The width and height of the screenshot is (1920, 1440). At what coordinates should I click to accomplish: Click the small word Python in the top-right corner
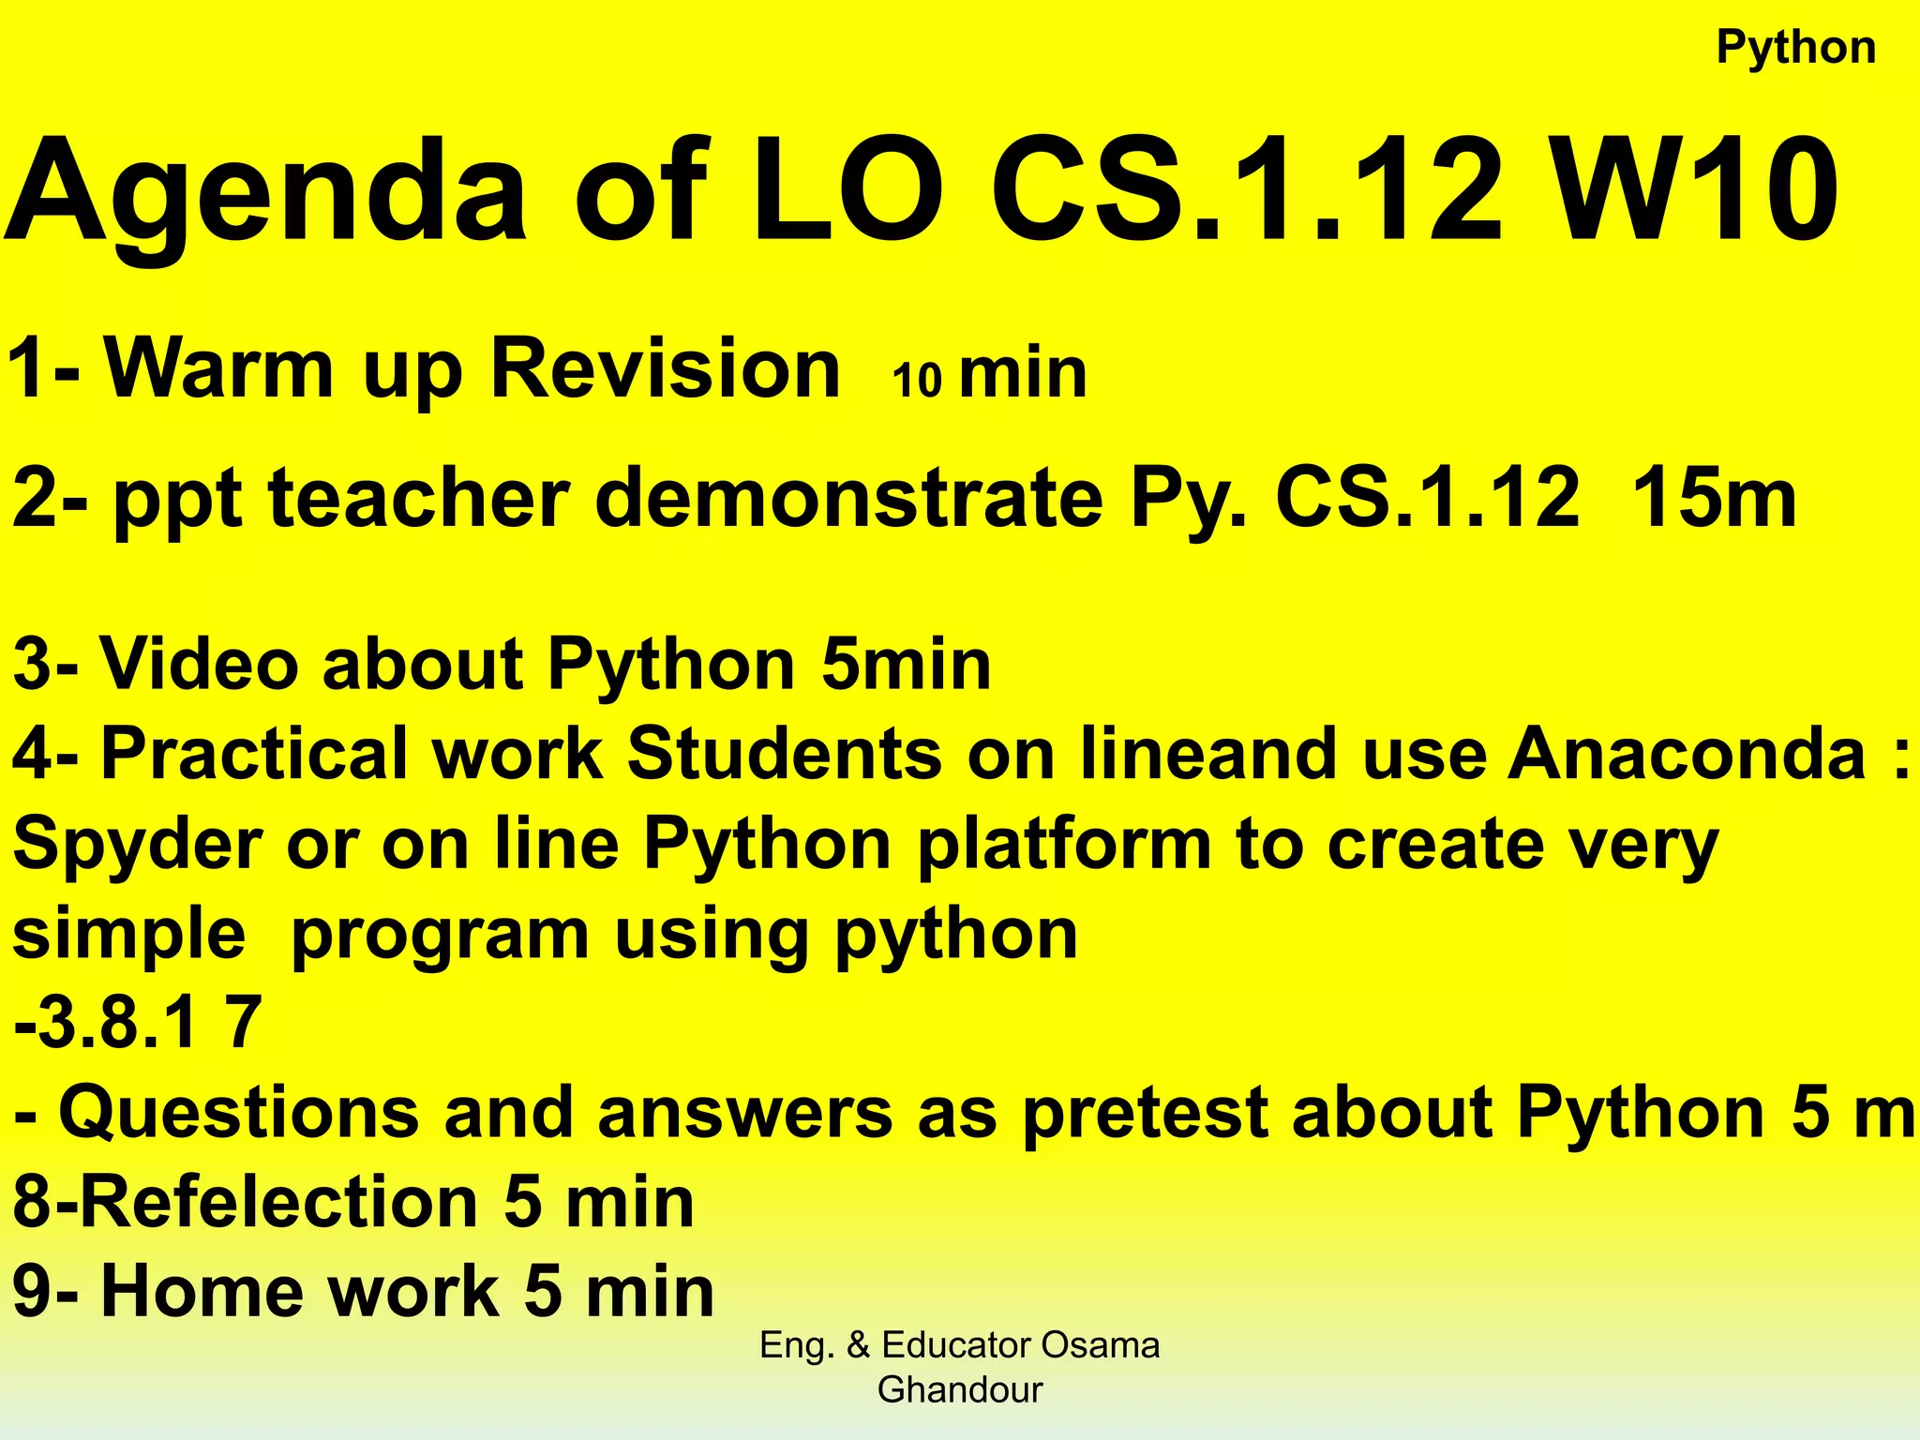pyautogui.click(x=1795, y=48)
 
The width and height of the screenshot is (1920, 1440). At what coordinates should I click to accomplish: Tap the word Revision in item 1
pyautogui.click(x=666, y=368)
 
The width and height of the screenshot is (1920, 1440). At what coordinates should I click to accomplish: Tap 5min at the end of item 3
pyautogui.click(x=906, y=664)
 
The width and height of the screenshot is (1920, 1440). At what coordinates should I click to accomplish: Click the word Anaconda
pyautogui.click(x=1687, y=753)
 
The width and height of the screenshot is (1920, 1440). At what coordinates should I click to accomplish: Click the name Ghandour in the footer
pyautogui.click(x=959, y=1389)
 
